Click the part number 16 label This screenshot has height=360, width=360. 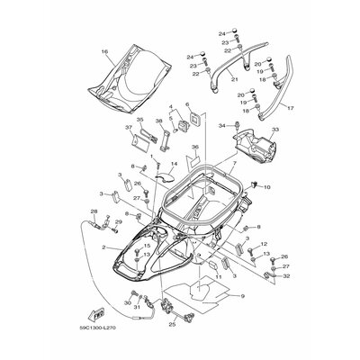click(104, 53)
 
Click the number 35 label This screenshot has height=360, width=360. click(140, 119)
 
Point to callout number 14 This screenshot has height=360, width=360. click(162, 164)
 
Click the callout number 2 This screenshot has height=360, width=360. click(104, 247)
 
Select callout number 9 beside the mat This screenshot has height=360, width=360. click(241, 320)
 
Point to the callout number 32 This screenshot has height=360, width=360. click(286, 278)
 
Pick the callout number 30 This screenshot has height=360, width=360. click(126, 303)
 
